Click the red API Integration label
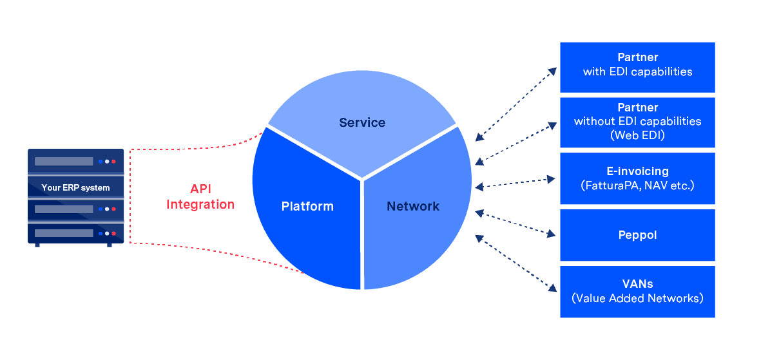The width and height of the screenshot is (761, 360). [200, 196]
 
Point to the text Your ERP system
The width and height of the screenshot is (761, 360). [75, 188]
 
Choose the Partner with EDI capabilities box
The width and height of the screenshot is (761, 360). [637, 67]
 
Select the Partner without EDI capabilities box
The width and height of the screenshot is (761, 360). [637, 122]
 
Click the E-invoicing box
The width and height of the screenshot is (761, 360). [637, 178]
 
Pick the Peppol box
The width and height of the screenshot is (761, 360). [637, 234]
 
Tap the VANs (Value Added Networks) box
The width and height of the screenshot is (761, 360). [637, 291]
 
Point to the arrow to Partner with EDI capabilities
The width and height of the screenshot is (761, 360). [515, 103]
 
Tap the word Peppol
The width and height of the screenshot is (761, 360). [637, 235]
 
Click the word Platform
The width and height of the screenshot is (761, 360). [307, 207]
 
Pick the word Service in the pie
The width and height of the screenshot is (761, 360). [362, 122]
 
